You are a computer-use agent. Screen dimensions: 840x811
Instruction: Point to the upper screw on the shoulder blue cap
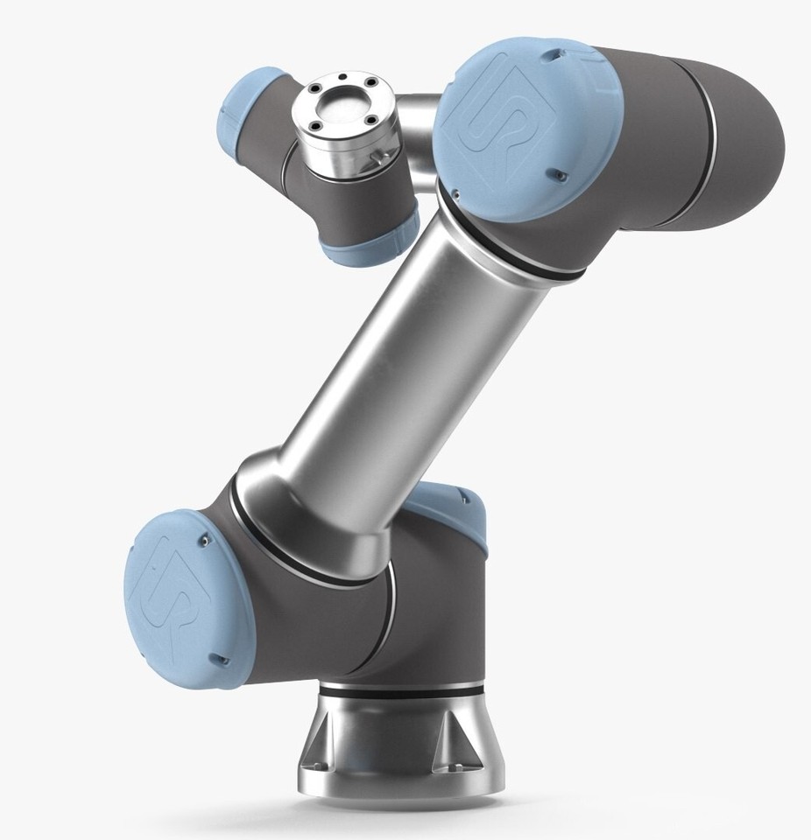[x=204, y=542]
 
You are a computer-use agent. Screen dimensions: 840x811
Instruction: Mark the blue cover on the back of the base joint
[x=450, y=507]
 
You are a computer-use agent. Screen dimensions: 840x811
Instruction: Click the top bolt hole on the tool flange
[x=342, y=87]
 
